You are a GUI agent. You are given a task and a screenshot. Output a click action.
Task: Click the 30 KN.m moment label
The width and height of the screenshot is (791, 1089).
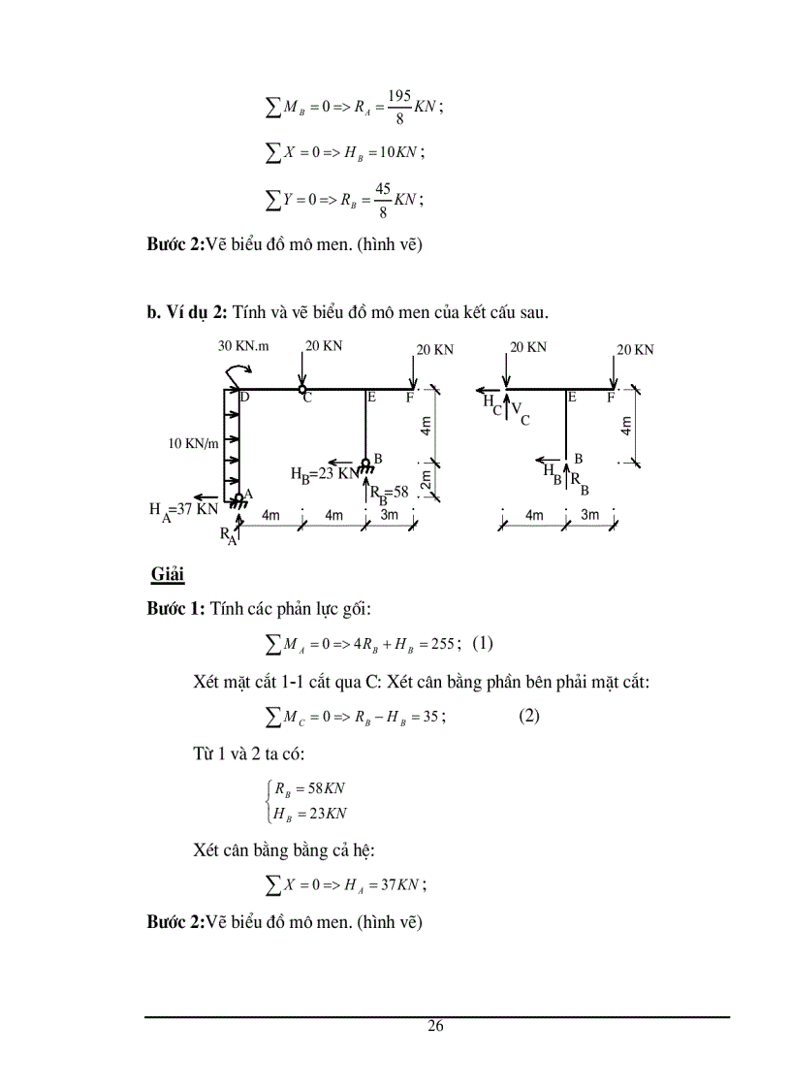(x=245, y=345)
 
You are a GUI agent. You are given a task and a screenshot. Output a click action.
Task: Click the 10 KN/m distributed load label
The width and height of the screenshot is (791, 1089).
(x=192, y=443)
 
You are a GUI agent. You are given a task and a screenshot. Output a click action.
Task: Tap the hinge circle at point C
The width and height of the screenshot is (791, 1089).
(x=301, y=390)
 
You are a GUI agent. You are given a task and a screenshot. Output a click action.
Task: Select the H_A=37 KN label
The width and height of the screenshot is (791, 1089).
(x=183, y=510)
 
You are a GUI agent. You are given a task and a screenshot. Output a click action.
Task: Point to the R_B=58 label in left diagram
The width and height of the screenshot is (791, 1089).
(x=389, y=492)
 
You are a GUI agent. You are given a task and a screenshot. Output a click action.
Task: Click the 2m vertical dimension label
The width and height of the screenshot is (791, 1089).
(x=426, y=479)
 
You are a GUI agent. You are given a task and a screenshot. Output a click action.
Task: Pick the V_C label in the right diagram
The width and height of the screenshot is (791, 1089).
(x=521, y=415)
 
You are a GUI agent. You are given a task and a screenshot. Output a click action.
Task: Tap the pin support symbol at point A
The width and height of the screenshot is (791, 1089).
(x=237, y=499)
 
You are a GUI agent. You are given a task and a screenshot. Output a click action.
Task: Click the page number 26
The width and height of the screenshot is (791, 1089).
(x=436, y=1027)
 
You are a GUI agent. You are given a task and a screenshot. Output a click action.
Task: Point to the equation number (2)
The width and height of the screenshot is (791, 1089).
(x=528, y=716)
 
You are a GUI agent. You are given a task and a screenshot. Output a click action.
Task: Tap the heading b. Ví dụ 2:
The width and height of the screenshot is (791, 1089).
(x=187, y=311)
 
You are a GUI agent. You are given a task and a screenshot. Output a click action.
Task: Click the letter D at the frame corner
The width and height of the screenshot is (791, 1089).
(x=244, y=398)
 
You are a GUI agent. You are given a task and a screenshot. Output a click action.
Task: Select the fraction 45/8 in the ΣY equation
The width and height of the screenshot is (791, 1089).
(x=383, y=199)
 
